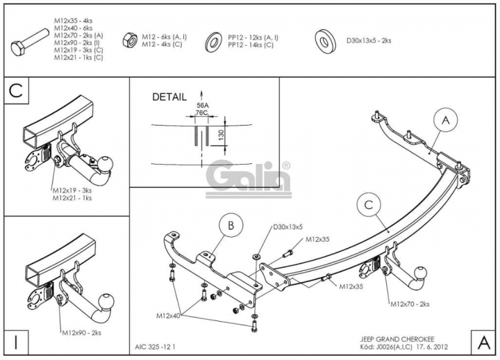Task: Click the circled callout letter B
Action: (x=231, y=225)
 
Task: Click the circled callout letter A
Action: (x=446, y=120)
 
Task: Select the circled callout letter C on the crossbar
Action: (x=369, y=204)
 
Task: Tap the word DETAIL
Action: (x=169, y=97)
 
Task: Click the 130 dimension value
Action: (x=222, y=133)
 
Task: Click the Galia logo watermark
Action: (x=249, y=179)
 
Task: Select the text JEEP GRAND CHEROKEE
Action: (x=397, y=339)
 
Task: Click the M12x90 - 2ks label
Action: (x=82, y=333)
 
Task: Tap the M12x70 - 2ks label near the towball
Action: (x=410, y=304)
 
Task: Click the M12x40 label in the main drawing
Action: (x=168, y=316)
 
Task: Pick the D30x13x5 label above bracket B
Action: (x=288, y=227)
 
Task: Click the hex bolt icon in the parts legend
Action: (x=30, y=42)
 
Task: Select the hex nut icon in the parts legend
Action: (x=130, y=40)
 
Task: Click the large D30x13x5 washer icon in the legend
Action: (x=325, y=42)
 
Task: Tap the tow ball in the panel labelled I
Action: (x=106, y=301)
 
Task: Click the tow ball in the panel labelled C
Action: (x=106, y=164)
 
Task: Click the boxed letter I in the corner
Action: (x=16, y=342)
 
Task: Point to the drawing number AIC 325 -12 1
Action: (x=156, y=347)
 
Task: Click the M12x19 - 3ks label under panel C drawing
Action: (x=72, y=190)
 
